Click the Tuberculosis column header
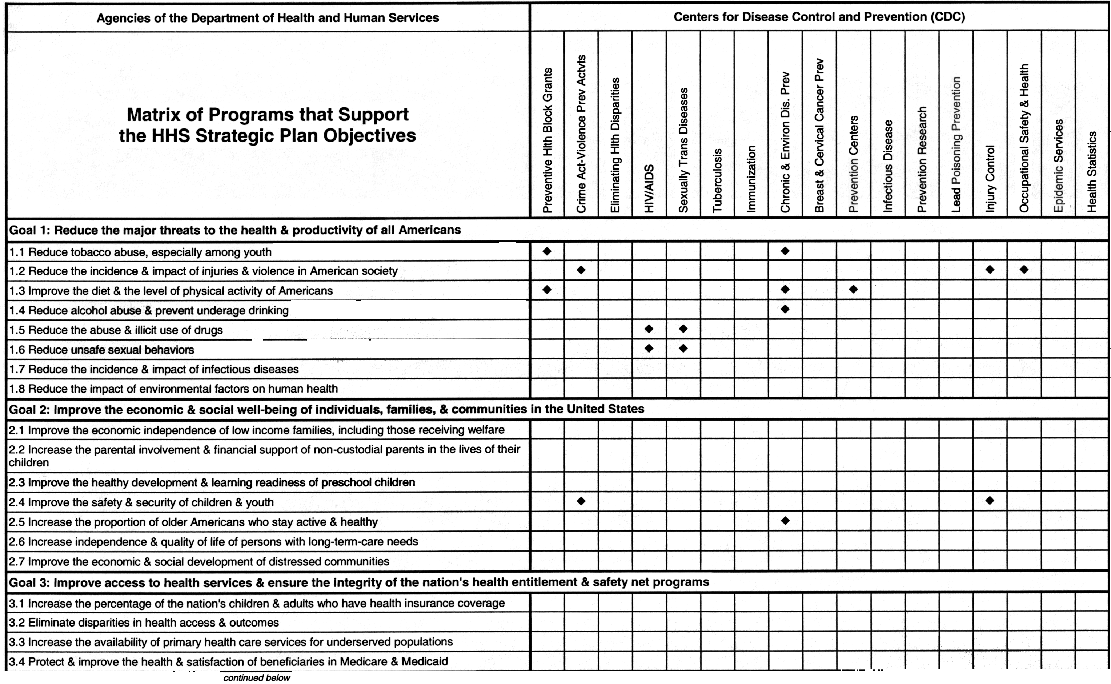pyautogui.click(x=717, y=180)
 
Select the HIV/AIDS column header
pyautogui.click(x=649, y=188)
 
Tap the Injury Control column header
pyautogui.click(x=990, y=178)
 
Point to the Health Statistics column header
pyautogui.click(x=1092, y=171)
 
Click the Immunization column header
pyautogui.click(x=751, y=179)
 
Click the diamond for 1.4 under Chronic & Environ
pyautogui.click(x=785, y=309)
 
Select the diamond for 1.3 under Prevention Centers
pyautogui.click(x=853, y=289)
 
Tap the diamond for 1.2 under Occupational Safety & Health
pyautogui.click(x=1024, y=270)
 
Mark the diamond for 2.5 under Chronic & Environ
pyautogui.click(x=785, y=521)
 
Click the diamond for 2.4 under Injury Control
pyautogui.click(x=990, y=500)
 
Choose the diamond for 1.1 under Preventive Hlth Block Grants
pyautogui.click(x=547, y=251)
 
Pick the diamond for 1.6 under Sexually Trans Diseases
pyautogui.click(x=683, y=348)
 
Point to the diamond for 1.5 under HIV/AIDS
pyautogui.click(x=649, y=329)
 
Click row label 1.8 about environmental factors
pyautogui.click(x=173, y=389)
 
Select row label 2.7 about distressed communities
pyautogui.click(x=199, y=561)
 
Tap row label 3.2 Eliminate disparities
pyautogui.click(x=144, y=623)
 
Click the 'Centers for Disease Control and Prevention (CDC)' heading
pyautogui.click(x=819, y=17)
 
